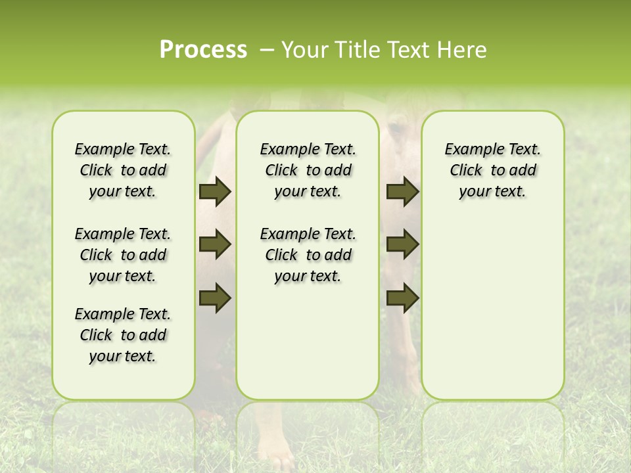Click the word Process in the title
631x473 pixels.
(x=203, y=50)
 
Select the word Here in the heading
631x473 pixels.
(x=463, y=50)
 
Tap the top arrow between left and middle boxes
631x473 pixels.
(x=215, y=192)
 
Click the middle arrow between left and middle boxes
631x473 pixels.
(x=215, y=245)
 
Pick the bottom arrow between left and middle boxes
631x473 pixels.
(x=215, y=298)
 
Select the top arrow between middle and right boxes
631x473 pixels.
(x=402, y=192)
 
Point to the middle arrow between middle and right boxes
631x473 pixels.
(x=402, y=245)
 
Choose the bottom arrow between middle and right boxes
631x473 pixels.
(x=402, y=298)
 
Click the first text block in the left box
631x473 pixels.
(x=123, y=170)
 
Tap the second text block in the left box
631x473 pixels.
(x=123, y=255)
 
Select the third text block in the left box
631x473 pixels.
(x=123, y=335)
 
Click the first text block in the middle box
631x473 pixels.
(x=308, y=170)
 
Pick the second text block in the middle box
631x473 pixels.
(x=308, y=255)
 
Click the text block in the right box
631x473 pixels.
(x=492, y=170)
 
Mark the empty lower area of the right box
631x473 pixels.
(x=492, y=309)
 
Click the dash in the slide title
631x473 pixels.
(x=266, y=50)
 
